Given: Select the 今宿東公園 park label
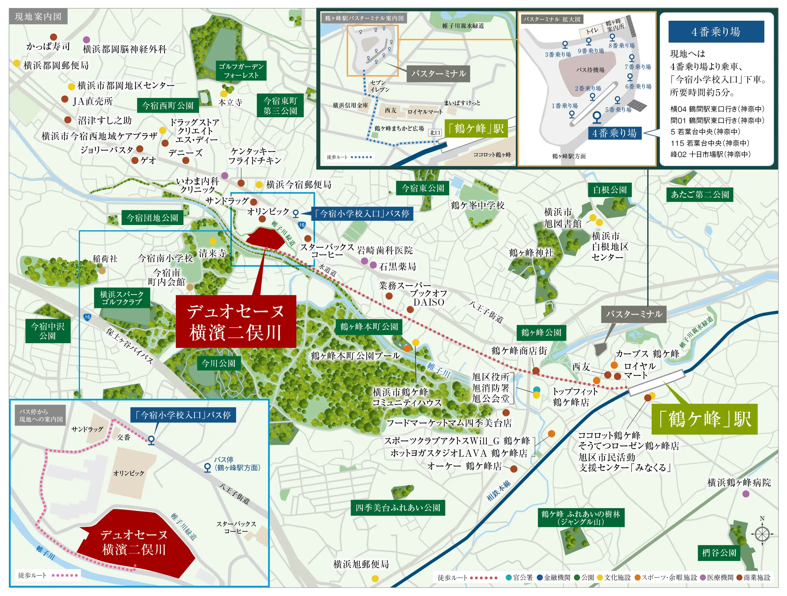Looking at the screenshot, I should (x=422, y=188).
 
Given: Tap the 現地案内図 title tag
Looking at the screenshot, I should (x=38, y=17).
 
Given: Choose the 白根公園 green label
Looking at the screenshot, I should (x=609, y=190).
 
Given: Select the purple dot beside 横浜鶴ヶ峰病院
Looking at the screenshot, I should (x=746, y=494).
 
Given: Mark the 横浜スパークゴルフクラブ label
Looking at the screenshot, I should (x=122, y=298).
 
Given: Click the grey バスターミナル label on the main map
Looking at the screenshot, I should (x=634, y=314).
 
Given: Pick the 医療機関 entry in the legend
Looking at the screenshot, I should (x=717, y=578).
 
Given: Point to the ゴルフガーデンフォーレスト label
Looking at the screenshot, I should (x=241, y=71).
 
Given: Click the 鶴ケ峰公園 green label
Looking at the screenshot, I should (x=541, y=332).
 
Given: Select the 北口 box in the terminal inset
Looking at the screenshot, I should (x=435, y=132).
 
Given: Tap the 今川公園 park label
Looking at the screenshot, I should (x=218, y=363).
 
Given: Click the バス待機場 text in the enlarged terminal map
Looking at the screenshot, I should (x=590, y=70).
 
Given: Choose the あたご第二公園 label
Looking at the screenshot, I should (x=699, y=194).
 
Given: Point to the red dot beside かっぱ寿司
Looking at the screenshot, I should (x=53, y=37).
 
